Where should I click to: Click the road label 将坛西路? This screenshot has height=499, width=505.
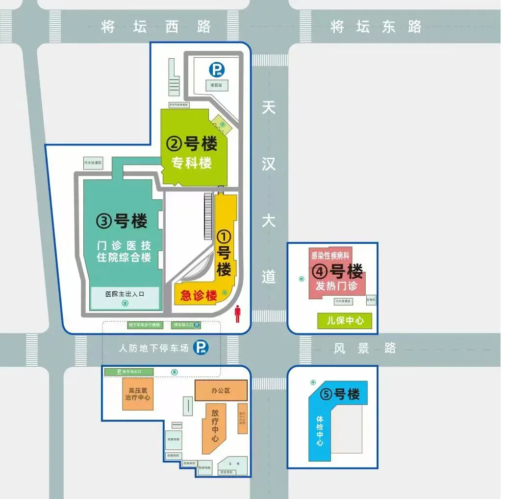pyautogui.click(x=156, y=26)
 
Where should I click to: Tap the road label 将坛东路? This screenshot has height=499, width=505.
pyautogui.click(x=376, y=26)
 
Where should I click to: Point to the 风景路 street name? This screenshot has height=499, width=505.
pyautogui.click(x=365, y=348)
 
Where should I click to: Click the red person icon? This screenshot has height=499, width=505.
pyautogui.click(x=238, y=314)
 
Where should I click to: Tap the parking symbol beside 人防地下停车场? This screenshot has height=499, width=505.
pyautogui.click(x=200, y=348)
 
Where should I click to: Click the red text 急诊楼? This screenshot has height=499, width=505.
pyautogui.click(x=199, y=296)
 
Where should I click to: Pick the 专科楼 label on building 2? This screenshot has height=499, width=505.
pyautogui.click(x=191, y=163)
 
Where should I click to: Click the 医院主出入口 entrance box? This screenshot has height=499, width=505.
pyautogui.click(x=125, y=298)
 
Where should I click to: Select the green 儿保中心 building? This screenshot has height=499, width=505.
pyautogui.click(x=345, y=321)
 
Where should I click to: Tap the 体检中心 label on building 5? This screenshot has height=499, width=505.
pyautogui.click(x=320, y=431)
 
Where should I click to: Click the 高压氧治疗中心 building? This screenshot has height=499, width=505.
pyautogui.click(x=138, y=394)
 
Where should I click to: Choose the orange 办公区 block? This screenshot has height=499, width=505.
pyautogui.click(x=221, y=391)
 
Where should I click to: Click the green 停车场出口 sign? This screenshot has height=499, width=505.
pyautogui.click(x=129, y=372)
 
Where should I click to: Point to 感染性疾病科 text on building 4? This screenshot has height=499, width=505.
pyautogui.click(x=329, y=256)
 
